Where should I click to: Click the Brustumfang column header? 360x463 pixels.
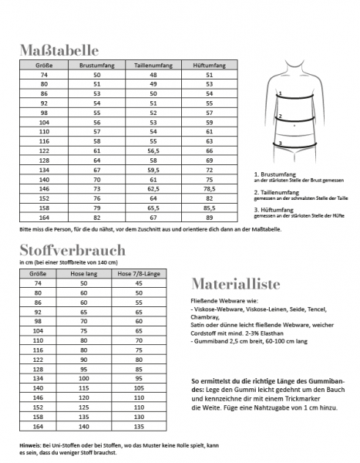tap(96, 66)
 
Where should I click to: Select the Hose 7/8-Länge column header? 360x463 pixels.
tap(140, 274)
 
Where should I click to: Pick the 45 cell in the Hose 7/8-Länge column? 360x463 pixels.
tap(140, 284)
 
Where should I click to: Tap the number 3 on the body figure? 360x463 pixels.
tap(281, 143)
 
